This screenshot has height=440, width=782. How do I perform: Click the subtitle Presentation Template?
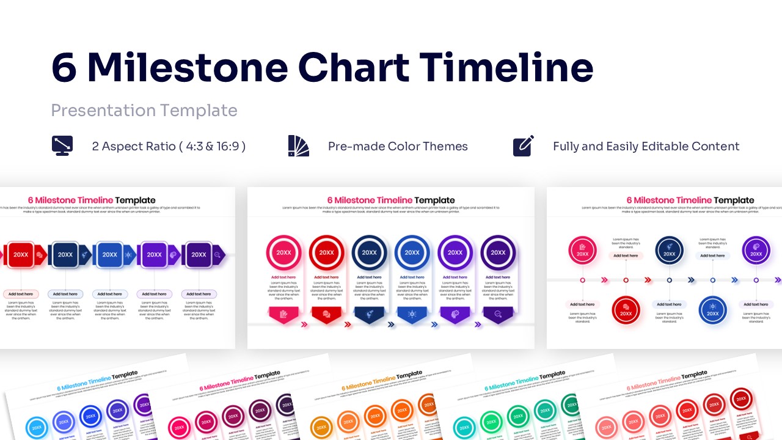(x=144, y=111)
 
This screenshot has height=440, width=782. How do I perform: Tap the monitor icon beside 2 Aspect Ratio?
(x=62, y=146)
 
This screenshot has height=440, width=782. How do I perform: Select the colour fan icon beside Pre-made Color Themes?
(x=298, y=146)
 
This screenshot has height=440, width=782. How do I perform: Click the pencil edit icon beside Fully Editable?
(x=524, y=146)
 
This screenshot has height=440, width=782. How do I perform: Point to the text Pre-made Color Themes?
(x=398, y=147)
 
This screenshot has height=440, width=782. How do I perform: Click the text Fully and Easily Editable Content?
(x=646, y=147)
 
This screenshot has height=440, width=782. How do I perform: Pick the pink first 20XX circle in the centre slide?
(x=283, y=252)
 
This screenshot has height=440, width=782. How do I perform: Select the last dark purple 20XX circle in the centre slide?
(x=498, y=252)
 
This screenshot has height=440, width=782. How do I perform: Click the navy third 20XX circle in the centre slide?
(x=369, y=252)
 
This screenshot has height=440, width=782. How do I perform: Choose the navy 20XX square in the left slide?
(x=65, y=255)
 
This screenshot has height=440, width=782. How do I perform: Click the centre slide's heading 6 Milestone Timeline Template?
(x=391, y=200)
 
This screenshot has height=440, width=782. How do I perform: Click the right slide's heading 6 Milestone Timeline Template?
(x=690, y=200)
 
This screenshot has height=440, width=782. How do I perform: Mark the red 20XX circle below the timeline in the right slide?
(x=626, y=310)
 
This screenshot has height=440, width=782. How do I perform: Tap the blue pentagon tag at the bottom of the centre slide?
(x=412, y=314)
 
